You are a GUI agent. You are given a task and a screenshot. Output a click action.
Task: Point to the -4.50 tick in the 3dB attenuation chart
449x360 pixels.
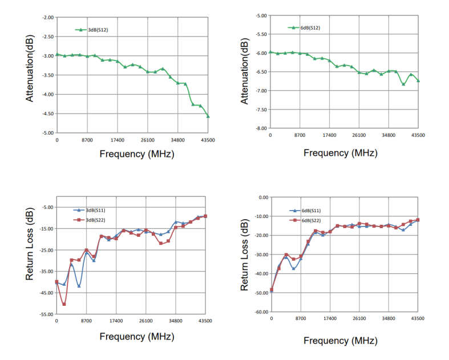tap(47, 114)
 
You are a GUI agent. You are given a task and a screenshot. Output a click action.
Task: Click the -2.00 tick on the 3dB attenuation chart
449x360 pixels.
tap(47, 18)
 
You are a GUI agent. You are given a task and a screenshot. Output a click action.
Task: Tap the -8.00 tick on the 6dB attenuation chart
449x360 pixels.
tap(260, 128)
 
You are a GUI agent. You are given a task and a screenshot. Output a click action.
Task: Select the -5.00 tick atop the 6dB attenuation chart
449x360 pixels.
tap(260, 16)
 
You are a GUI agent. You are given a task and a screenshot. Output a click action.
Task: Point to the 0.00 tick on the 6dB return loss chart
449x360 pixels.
tap(263, 197)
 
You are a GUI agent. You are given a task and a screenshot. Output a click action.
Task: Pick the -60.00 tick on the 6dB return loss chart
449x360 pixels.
tap(261, 312)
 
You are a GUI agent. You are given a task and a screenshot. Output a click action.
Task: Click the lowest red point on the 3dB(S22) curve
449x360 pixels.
tap(64, 304)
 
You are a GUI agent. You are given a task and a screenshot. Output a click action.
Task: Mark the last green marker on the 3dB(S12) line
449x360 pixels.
tap(208, 116)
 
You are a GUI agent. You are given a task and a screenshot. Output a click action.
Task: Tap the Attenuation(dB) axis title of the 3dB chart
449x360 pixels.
tap(29, 70)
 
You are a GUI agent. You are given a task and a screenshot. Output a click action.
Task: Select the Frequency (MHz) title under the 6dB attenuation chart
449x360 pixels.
tap(340, 153)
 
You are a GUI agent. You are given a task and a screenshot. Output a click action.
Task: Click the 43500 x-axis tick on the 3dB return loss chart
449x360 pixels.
tap(205, 322)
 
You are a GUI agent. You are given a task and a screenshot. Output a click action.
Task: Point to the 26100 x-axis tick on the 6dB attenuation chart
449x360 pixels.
tap(359, 135)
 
